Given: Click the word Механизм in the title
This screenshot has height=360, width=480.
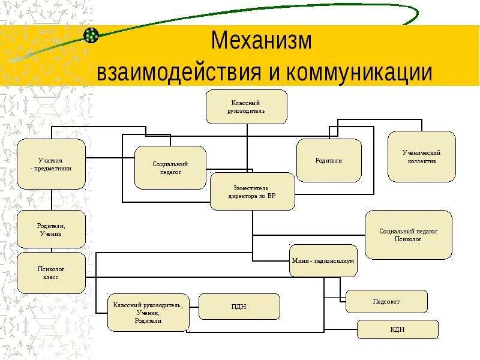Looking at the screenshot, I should pyautogui.click(x=262, y=41).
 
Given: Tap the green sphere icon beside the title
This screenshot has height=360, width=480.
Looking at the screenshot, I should pyautogui.click(x=91, y=35).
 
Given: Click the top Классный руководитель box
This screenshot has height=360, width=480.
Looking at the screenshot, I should pyautogui.click(x=246, y=107).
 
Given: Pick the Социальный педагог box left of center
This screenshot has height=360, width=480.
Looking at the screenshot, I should pyautogui.click(x=170, y=168).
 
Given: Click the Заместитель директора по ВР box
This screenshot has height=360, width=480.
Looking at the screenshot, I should pyautogui.click(x=252, y=191).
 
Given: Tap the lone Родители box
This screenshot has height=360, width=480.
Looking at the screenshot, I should pyautogui.click(x=329, y=160).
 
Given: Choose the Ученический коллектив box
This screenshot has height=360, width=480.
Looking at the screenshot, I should pyautogui.click(x=421, y=157).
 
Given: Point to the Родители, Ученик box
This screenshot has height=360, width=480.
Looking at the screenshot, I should pyautogui.click(x=51, y=229).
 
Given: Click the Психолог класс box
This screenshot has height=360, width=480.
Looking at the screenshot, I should pyautogui.click(x=51, y=273).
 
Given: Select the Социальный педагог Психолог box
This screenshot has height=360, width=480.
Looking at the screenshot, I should pyautogui.click(x=408, y=235).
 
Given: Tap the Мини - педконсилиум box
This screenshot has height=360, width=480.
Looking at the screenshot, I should pyautogui.click(x=323, y=261).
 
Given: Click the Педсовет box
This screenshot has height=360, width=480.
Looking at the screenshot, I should pyautogui.click(x=386, y=301).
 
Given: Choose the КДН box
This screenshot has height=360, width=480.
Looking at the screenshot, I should pyautogui.click(x=398, y=329).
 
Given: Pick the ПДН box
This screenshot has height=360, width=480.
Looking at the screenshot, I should pyautogui.click(x=239, y=307).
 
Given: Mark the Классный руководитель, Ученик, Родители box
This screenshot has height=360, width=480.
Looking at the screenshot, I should pyautogui.click(x=148, y=313).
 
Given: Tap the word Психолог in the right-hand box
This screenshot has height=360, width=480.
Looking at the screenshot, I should pyautogui.click(x=408, y=239).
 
